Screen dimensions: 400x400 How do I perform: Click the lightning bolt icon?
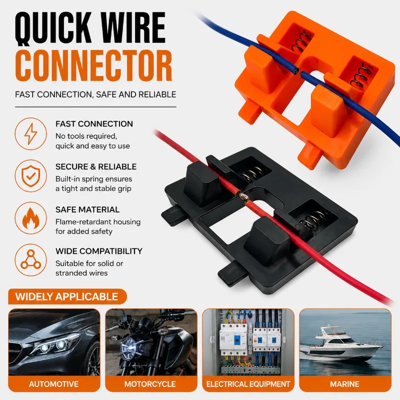click(x=30, y=133)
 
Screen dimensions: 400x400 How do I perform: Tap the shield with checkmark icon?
click(x=30, y=176)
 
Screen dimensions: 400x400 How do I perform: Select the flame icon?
click(x=30, y=218)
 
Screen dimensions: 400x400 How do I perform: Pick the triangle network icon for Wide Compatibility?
click(x=30, y=259)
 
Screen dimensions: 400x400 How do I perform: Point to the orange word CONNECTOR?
click(x=93, y=66)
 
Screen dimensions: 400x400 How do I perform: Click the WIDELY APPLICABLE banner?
click(x=67, y=296)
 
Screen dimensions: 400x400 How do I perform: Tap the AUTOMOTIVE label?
click(x=54, y=384)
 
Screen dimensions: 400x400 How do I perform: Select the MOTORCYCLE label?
click(x=150, y=384)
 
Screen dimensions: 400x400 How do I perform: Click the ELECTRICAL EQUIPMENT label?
click(x=248, y=384)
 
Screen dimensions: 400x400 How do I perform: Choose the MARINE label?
click(x=344, y=384)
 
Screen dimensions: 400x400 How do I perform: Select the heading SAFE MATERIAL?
click(x=87, y=209)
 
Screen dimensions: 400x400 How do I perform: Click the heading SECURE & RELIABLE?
click(x=96, y=166)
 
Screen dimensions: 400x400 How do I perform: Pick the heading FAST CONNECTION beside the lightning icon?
click(x=94, y=123)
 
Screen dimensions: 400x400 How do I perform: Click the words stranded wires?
click(x=81, y=273)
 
